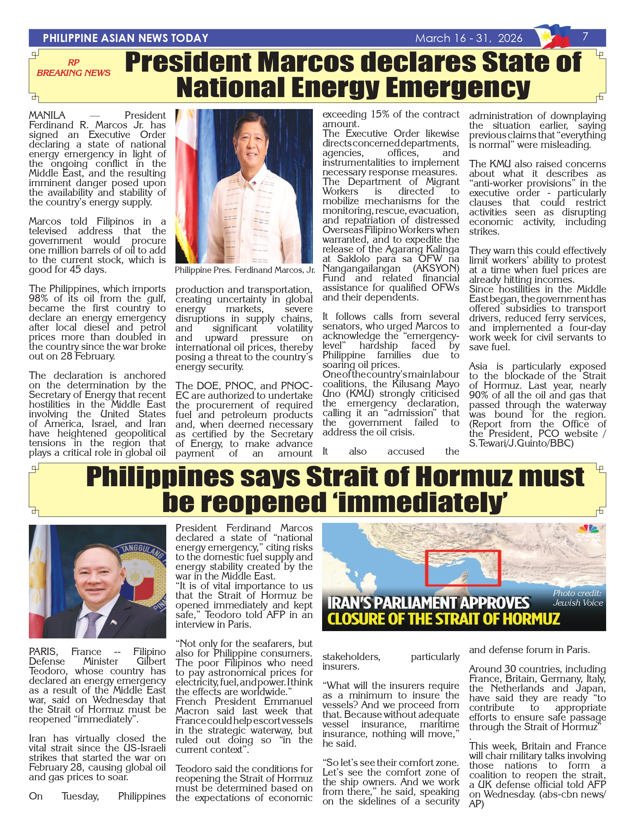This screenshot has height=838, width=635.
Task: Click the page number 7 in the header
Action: (x=585, y=37)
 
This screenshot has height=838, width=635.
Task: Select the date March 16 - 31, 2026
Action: (x=469, y=38)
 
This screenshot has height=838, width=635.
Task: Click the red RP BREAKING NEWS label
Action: (x=74, y=68)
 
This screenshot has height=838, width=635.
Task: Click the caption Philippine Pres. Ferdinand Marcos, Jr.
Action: (x=245, y=270)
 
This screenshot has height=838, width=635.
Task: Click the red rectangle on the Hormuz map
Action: (x=463, y=568)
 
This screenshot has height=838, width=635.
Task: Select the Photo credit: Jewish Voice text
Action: (x=577, y=598)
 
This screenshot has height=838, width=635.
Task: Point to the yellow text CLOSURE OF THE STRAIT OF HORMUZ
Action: (x=443, y=619)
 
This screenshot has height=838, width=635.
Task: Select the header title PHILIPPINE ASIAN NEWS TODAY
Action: (x=125, y=38)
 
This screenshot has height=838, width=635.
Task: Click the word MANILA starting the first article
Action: (x=47, y=116)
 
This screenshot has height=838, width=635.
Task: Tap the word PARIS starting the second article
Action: (x=43, y=652)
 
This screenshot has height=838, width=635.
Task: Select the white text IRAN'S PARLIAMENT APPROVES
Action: (x=428, y=603)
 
